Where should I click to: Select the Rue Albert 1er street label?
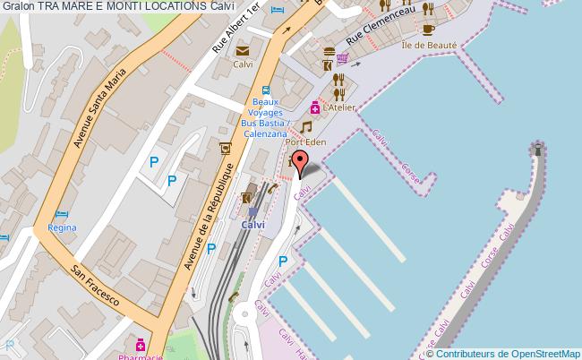coord(236,33)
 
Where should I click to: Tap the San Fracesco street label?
coord(96,286)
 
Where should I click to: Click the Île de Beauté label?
coord(430,46)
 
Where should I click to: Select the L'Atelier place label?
coord(341,107)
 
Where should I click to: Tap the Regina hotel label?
coord(62,228)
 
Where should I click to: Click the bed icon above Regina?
coord(61,214)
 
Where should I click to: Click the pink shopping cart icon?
coord(342,60)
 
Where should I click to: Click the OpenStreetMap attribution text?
coord(508,353)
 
